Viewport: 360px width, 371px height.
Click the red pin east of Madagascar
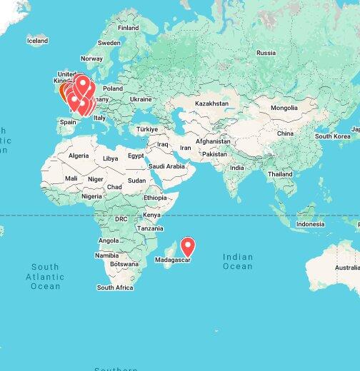[x=188, y=247]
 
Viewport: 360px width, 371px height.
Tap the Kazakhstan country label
[x=211, y=103]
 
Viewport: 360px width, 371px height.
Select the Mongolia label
[x=284, y=108]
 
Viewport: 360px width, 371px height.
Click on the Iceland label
[x=37, y=41]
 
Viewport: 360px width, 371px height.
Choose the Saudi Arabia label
[x=166, y=166]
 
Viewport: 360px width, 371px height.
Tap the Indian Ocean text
[x=238, y=261]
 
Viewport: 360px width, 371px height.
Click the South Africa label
[x=115, y=288]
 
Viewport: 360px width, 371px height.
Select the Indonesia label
[x=310, y=224]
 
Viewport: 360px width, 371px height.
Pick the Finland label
[x=128, y=28]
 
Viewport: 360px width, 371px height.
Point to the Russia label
[x=266, y=53]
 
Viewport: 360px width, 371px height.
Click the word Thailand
[x=280, y=174]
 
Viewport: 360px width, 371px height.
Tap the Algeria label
[x=78, y=155]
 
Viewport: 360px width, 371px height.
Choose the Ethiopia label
[x=155, y=198]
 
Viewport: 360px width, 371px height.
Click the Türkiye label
[x=147, y=129]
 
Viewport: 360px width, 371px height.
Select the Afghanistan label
[x=213, y=141]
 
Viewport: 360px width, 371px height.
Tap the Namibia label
[x=107, y=255]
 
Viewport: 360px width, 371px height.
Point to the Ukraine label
[x=141, y=99]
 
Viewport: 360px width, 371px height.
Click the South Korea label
[x=332, y=136]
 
